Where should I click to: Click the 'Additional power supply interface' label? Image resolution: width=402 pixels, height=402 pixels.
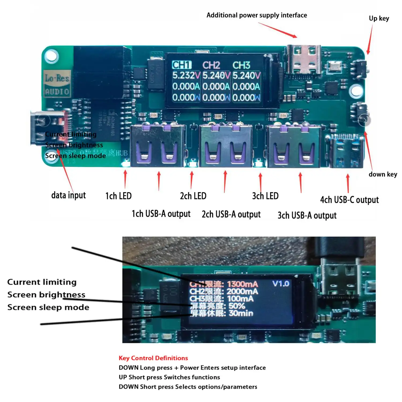click(256, 15)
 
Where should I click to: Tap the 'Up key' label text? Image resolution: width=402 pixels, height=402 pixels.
click(379, 18)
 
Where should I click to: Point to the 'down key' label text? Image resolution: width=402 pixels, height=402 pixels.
click(383, 174)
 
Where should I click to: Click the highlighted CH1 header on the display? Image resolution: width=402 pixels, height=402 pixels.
click(182, 65)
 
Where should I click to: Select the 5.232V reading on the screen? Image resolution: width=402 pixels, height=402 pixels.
click(186, 76)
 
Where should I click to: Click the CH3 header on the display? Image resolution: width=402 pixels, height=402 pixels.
click(241, 65)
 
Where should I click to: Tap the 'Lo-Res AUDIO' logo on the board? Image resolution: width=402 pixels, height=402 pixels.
click(57, 84)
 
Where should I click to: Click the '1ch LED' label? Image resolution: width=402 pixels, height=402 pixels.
click(118, 196)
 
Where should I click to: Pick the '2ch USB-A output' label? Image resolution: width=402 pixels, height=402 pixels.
click(231, 214)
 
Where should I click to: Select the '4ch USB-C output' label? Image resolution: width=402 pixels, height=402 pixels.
click(349, 200)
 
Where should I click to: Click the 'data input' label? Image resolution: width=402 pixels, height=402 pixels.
click(68, 195)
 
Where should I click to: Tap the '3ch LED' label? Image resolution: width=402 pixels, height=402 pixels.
click(265, 196)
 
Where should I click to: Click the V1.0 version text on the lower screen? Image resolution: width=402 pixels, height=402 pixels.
click(281, 284)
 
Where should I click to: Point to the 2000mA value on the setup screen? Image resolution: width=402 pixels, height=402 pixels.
click(242, 291)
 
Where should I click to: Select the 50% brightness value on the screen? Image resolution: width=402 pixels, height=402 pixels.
click(237, 306)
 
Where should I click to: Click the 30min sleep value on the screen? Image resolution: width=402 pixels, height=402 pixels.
click(241, 313)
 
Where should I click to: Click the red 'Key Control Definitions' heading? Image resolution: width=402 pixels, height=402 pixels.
click(153, 358)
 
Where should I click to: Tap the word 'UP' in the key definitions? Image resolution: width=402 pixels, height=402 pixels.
click(123, 377)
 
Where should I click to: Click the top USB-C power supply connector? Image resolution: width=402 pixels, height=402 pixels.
click(304, 60)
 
